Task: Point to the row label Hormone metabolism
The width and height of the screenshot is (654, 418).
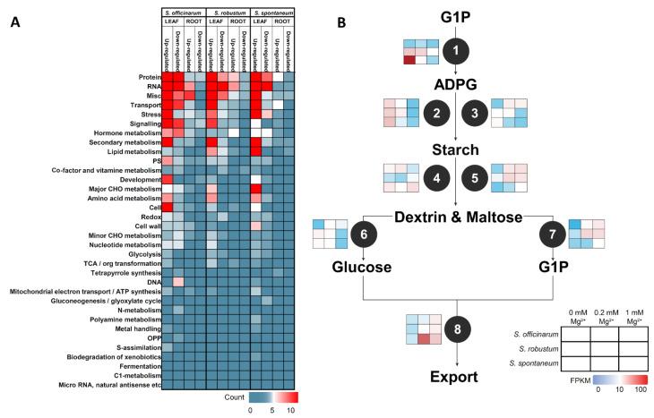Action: coord(116,132)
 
